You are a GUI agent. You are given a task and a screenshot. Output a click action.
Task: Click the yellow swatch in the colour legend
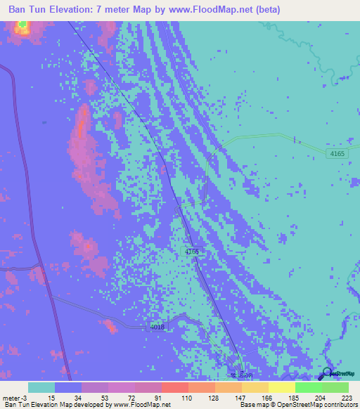[281, 387]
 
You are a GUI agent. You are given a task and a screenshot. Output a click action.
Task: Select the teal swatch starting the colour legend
[41, 387]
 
